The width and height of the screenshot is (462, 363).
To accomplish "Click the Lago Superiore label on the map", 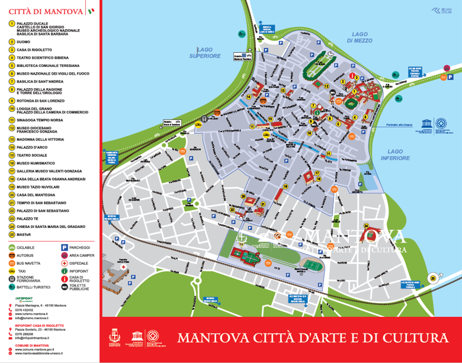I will pyautogui.click(x=208, y=53).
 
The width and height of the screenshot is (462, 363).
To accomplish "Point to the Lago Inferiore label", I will pyautogui.click(x=395, y=155).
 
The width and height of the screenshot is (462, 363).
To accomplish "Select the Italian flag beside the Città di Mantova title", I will pyautogui.click(x=91, y=11).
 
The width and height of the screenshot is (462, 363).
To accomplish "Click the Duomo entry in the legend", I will pyautogui.click(x=24, y=42).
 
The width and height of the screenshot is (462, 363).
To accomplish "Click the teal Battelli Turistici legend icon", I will pyautogui.click(x=12, y=286).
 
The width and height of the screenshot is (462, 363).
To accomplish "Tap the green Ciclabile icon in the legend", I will pyautogui.click(x=12, y=248).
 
